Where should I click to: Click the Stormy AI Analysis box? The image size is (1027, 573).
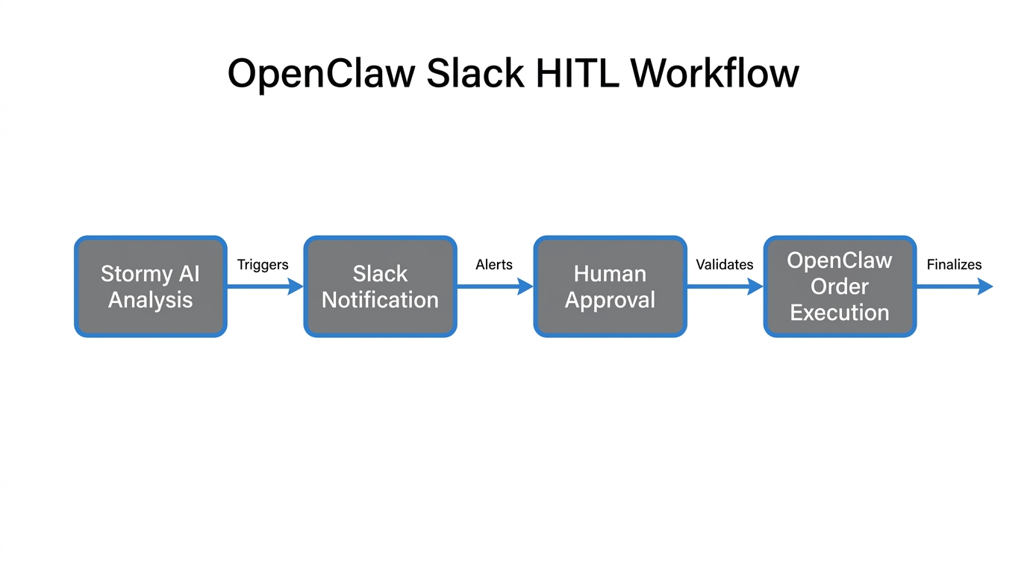pyautogui.click(x=150, y=286)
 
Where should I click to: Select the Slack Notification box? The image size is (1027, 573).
pyautogui.click(x=380, y=286)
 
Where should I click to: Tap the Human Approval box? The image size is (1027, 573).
pyautogui.click(x=610, y=286)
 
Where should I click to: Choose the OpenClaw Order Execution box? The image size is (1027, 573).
pyautogui.click(x=840, y=286)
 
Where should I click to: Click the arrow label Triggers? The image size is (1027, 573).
pyautogui.click(x=263, y=265)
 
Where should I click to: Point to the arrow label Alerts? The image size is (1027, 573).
pyautogui.click(x=494, y=265)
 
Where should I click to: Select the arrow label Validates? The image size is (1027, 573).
pyautogui.click(x=724, y=265)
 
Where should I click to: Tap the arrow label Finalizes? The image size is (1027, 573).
pyautogui.click(x=954, y=265)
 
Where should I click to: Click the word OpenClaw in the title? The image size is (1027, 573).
pyautogui.click(x=321, y=75)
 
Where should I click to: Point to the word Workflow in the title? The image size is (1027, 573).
pyautogui.click(x=714, y=75)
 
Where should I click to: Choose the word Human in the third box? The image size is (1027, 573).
pyautogui.click(x=610, y=274)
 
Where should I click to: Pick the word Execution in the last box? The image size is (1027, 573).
pyautogui.click(x=840, y=313)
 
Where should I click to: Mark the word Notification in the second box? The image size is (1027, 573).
pyautogui.click(x=380, y=300)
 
